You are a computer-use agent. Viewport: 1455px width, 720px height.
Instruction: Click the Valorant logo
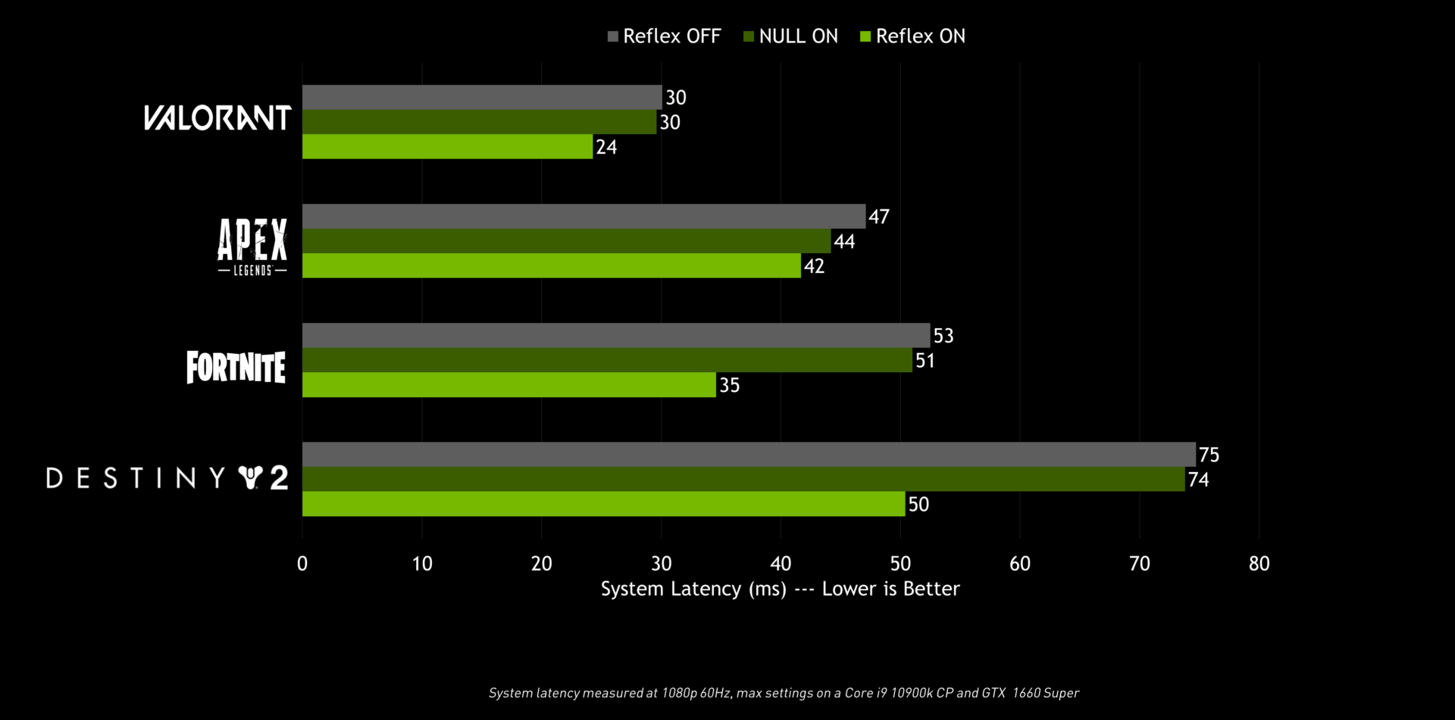[217, 118]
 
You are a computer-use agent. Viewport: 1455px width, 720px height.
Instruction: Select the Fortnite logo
[236, 367]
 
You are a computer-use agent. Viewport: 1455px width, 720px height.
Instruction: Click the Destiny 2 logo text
[167, 478]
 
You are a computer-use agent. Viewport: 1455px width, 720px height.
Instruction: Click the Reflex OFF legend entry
[664, 36]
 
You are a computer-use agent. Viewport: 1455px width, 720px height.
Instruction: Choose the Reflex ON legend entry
[912, 36]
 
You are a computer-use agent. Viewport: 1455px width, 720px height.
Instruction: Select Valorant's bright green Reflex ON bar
[447, 147]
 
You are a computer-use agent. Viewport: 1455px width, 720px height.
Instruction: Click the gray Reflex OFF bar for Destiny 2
[749, 455]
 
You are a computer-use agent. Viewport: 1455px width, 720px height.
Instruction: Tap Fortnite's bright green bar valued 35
[509, 385]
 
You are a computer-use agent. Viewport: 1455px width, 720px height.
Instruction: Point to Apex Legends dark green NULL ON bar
[566, 241]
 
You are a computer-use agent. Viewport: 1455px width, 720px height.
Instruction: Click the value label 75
[1209, 455]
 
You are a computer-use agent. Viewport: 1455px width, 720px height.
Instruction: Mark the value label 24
[606, 147]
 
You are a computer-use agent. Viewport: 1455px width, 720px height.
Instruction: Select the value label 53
[943, 336]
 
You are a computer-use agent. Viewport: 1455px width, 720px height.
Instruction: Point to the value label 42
[814, 266]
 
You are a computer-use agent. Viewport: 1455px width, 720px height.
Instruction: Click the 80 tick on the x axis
[1259, 563]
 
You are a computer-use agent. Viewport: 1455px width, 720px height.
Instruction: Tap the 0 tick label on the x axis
[302, 563]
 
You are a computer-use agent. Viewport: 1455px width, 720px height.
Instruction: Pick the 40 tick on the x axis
[781, 563]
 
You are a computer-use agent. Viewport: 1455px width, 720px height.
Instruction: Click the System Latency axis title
[780, 589]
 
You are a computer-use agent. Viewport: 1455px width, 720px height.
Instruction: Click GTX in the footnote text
[993, 693]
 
